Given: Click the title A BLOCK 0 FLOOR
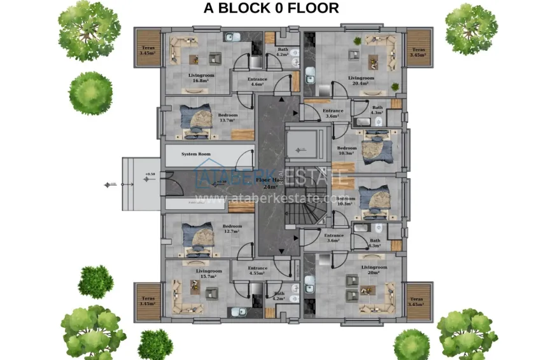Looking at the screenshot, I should point(270,8).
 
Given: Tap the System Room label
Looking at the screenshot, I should point(195,154).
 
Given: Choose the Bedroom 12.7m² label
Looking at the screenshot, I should point(232,229).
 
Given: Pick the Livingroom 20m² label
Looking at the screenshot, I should point(374,270).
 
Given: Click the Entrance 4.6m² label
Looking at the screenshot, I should point(257,81).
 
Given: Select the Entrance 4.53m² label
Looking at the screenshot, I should point(258,271).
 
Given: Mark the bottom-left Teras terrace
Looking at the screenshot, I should point(148,301).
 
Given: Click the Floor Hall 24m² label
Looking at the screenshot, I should point(270,184).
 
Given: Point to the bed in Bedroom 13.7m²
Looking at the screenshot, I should point(198,119).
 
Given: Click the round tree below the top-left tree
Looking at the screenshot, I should point(90,93).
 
